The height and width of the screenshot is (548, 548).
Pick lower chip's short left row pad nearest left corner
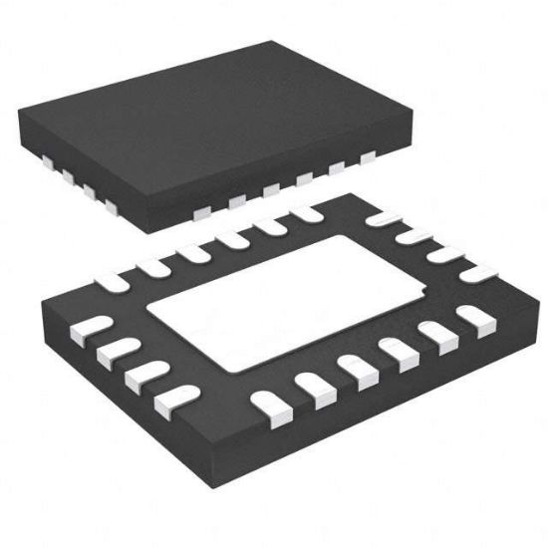tap(89, 325)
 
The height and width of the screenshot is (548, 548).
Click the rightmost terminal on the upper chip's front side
tap(368, 156)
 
